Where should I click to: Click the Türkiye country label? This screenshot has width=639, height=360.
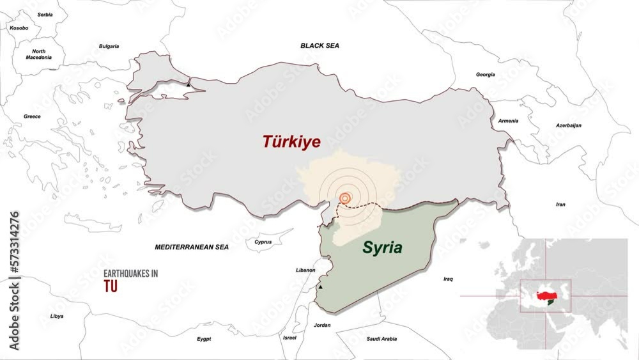291,142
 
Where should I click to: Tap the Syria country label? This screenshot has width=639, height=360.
383,247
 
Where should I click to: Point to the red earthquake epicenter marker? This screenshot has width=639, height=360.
345,199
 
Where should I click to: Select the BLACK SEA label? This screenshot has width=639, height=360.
319,46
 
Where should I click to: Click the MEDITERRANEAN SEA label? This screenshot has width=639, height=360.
192,246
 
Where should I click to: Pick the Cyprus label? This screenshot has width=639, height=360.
263,242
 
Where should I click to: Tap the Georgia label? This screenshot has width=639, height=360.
486,75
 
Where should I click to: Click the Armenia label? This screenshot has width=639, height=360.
509,121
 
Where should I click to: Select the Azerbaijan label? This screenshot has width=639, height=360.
569,125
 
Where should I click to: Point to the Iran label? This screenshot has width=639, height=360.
560,205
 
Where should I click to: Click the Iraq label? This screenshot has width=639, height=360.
448,279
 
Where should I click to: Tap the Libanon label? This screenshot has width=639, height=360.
305,270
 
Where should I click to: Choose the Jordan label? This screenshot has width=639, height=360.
323,325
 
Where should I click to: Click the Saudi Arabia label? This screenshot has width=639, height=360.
381,339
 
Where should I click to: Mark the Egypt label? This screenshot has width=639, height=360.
204,339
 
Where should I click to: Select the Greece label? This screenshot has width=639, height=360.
32,116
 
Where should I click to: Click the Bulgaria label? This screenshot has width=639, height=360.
109,46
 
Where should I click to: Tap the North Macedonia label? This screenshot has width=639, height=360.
39,54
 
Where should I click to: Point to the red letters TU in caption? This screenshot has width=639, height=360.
111,288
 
